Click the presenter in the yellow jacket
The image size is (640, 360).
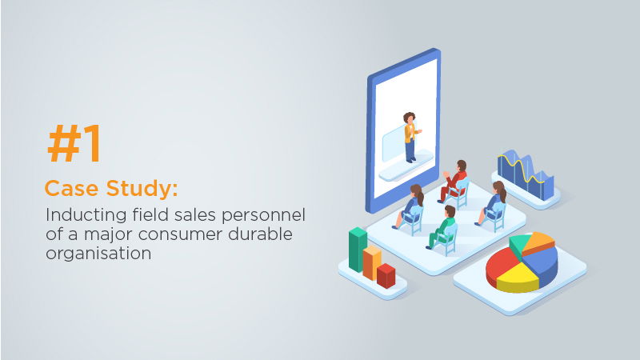(x=410, y=137)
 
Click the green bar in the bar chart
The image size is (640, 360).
(x=358, y=249)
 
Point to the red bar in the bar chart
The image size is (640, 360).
(x=386, y=275)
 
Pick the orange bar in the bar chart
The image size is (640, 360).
(x=372, y=262)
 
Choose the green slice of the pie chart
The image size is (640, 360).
(x=519, y=242)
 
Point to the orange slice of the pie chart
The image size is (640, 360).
(x=538, y=242)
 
